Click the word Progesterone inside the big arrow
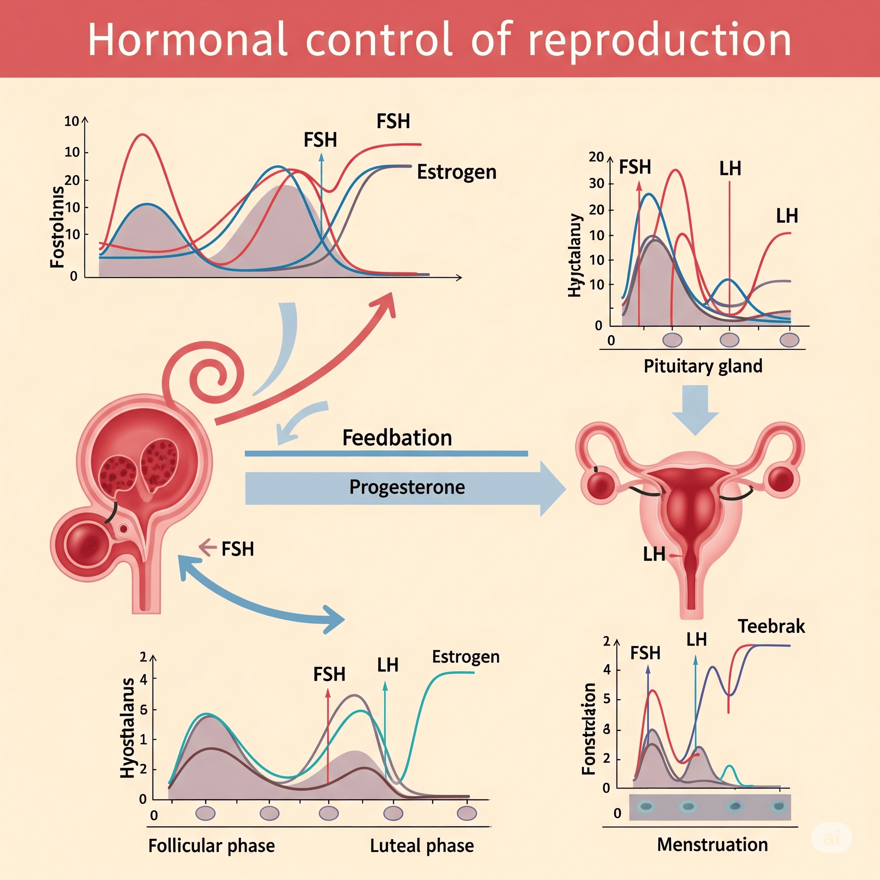click(407, 487)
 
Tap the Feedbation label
click(397, 438)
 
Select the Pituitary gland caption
click(703, 366)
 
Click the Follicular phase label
click(211, 846)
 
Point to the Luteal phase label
click(422, 846)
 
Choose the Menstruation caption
click(712, 844)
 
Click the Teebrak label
click(771, 626)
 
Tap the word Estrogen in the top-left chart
click(456, 172)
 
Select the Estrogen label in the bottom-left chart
click(465, 657)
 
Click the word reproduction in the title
click(660, 40)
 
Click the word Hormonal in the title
click(187, 40)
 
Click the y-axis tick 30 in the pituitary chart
click(596, 183)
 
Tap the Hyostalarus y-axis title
click(128, 728)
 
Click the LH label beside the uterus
click(654, 554)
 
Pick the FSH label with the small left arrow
click(237, 549)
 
